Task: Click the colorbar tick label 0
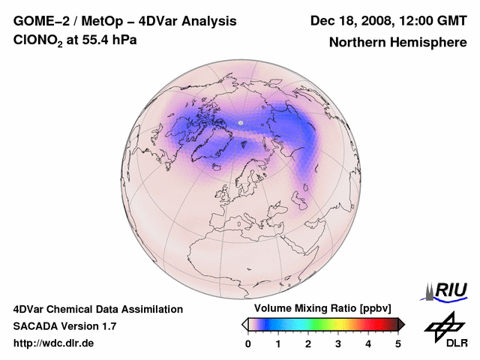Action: coord(248,343)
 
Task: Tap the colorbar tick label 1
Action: coord(278,343)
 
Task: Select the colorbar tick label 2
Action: coord(308,343)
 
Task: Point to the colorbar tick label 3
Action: coord(338,343)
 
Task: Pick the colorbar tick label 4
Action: coord(368,343)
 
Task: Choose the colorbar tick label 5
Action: coord(398,343)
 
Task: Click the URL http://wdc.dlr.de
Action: coord(54,343)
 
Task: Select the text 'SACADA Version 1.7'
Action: coord(64,326)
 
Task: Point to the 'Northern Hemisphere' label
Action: coord(397,43)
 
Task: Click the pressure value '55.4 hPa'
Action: coord(110,40)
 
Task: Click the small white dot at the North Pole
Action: coord(241,122)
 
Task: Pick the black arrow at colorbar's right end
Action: coord(401,323)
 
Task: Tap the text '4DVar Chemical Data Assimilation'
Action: coord(97,309)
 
